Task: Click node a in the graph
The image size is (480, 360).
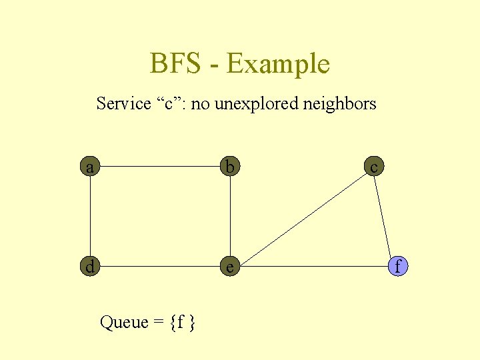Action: tap(90, 167)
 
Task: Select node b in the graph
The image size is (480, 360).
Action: tap(230, 167)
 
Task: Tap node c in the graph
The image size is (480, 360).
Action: tap(374, 167)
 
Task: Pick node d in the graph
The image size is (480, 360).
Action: tap(90, 267)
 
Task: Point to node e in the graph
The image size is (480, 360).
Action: tap(230, 267)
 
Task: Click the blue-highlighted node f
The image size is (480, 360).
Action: tap(397, 267)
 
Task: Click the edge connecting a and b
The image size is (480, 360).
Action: tap(160, 167)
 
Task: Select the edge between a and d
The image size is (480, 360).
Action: tap(90, 217)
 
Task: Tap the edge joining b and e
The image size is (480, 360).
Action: tap(230, 217)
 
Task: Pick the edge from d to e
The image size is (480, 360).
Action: tap(160, 267)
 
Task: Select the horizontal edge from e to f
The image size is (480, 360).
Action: tap(313, 267)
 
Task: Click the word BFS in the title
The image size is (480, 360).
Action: tap(175, 64)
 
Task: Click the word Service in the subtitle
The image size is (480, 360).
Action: tap(124, 103)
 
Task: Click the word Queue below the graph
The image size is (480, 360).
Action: tap(124, 323)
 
